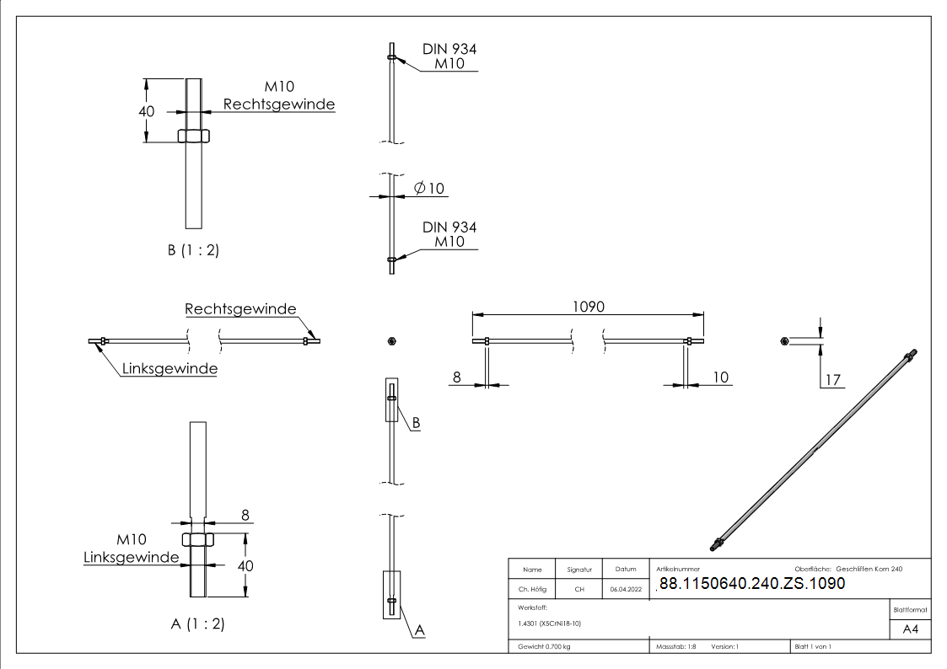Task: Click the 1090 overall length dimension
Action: pyautogui.click(x=589, y=307)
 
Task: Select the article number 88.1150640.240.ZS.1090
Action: pyautogui.click(x=752, y=583)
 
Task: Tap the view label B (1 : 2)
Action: pyautogui.click(x=193, y=250)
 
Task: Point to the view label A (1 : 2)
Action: pyautogui.click(x=197, y=624)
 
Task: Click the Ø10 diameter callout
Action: pyautogui.click(x=429, y=188)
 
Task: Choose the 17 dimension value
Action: pyautogui.click(x=833, y=380)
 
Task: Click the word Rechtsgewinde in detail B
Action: pyautogui.click(x=279, y=104)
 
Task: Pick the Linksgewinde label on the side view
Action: pyautogui.click(x=169, y=368)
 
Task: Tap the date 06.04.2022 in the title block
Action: pyautogui.click(x=626, y=590)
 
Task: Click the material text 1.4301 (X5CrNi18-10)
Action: pyautogui.click(x=550, y=624)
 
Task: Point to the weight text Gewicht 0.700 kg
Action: pyautogui.click(x=544, y=646)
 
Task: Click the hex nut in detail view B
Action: pyautogui.click(x=194, y=136)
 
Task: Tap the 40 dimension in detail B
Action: pyautogui.click(x=147, y=111)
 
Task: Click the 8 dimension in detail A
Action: pyautogui.click(x=245, y=515)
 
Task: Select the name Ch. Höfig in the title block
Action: pyautogui.click(x=532, y=590)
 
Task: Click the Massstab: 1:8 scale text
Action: pyautogui.click(x=675, y=646)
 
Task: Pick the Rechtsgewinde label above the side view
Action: pyautogui.click(x=241, y=309)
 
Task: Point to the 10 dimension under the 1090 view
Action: pyautogui.click(x=720, y=377)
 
